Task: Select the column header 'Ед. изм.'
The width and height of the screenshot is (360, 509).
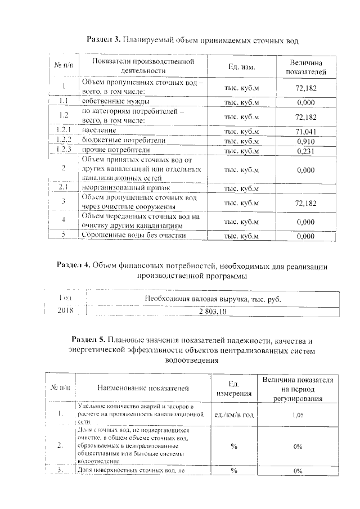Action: click(242, 67)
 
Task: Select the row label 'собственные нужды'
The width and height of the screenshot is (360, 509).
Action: click(115, 102)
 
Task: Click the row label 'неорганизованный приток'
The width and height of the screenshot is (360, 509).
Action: click(125, 187)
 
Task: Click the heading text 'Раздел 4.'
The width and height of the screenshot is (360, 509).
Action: click(74, 265)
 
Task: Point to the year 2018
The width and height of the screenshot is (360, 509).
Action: click(65, 310)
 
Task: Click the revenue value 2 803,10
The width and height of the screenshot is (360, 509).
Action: click(212, 310)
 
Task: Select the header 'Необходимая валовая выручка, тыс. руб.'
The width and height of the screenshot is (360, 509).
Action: click(212, 298)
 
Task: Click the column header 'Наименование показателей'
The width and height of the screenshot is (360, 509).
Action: click(143, 388)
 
